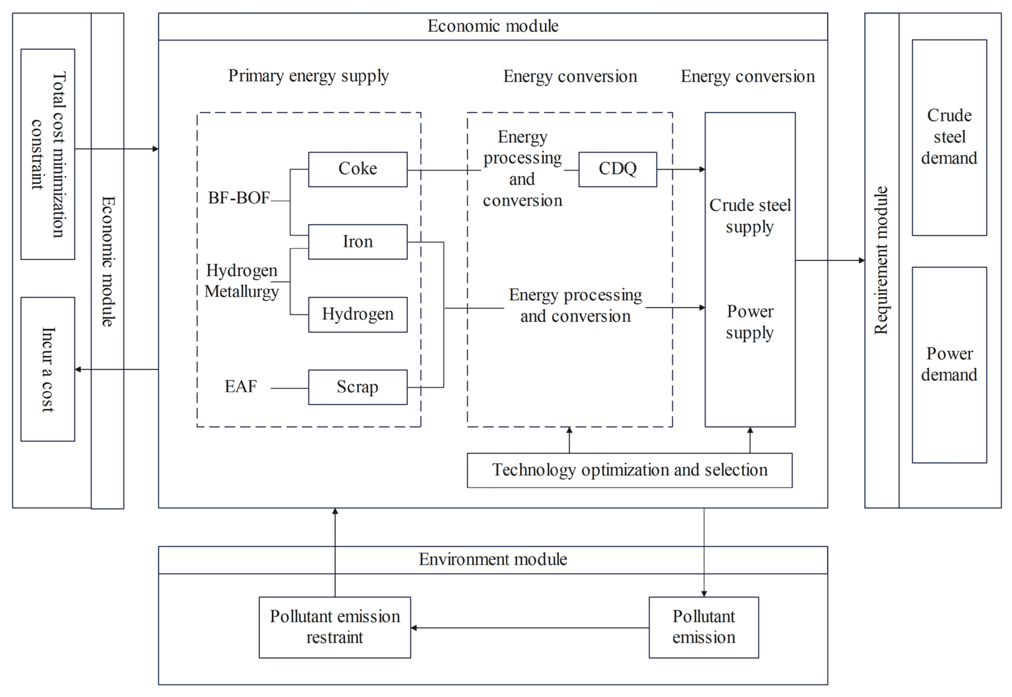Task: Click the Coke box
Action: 357,169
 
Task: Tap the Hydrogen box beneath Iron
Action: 357,314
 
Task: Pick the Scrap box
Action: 357,387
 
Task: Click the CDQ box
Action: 617,169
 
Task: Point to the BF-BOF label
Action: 238,198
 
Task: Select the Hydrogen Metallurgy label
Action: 241,281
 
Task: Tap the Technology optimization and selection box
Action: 629,470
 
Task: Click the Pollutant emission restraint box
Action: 334,627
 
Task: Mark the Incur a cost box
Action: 48,369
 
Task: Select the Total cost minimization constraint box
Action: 48,154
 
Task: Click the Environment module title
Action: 493,559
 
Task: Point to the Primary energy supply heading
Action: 308,76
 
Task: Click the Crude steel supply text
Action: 749,216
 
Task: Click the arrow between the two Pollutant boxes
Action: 529,628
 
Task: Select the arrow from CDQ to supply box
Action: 680,169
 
